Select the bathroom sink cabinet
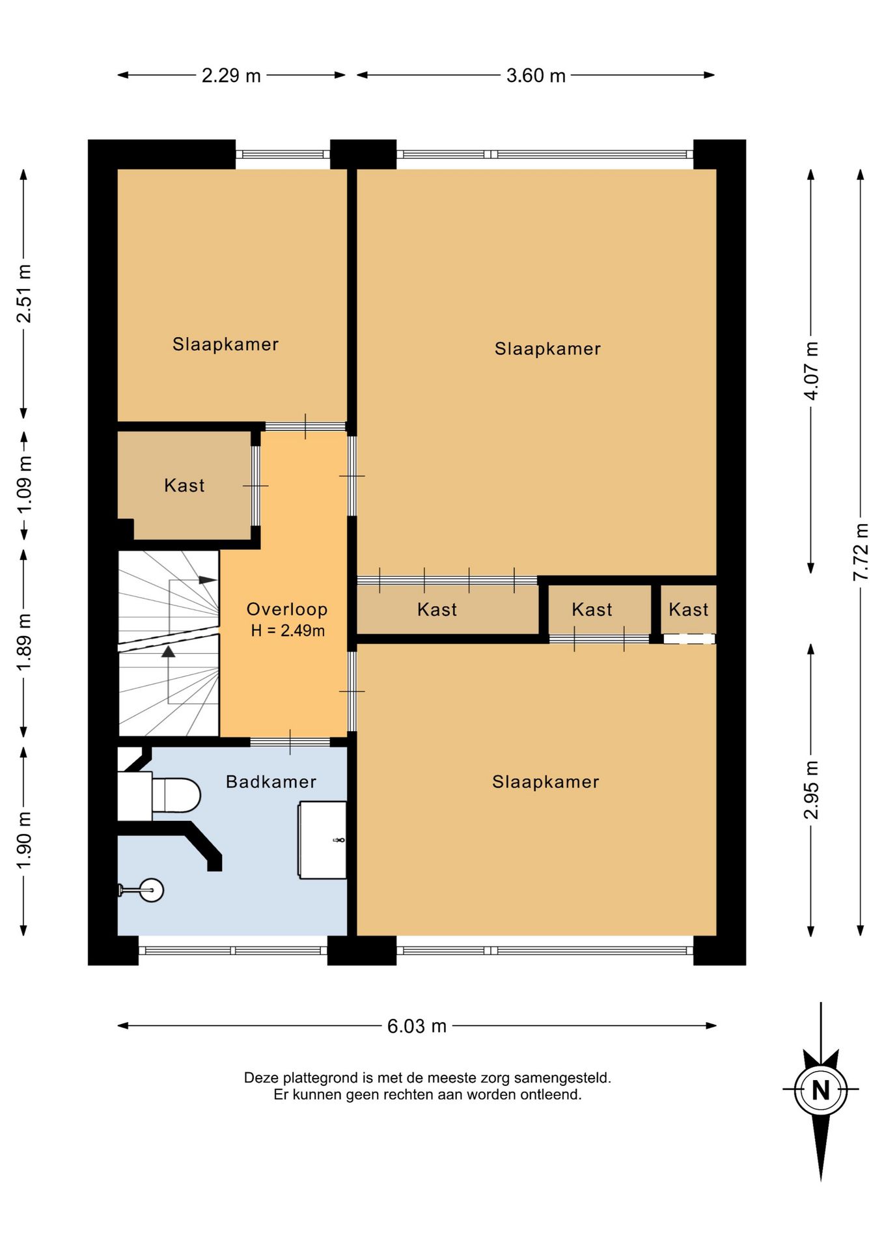click(x=322, y=840)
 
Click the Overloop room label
click(x=286, y=609)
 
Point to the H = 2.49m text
click(x=288, y=630)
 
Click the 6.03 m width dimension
click(x=417, y=1026)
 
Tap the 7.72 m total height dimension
click(x=861, y=552)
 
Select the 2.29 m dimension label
click(x=231, y=76)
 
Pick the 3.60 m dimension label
click(x=536, y=76)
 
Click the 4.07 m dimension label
click(x=811, y=371)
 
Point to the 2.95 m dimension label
click(x=811, y=790)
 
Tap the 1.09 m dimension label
click(x=24, y=484)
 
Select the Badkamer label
click(x=271, y=782)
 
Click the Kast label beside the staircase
click(x=184, y=485)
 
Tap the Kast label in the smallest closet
click(x=688, y=609)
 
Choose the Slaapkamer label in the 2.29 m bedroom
click(x=225, y=344)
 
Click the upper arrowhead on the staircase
click(x=208, y=579)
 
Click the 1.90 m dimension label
click(x=24, y=840)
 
